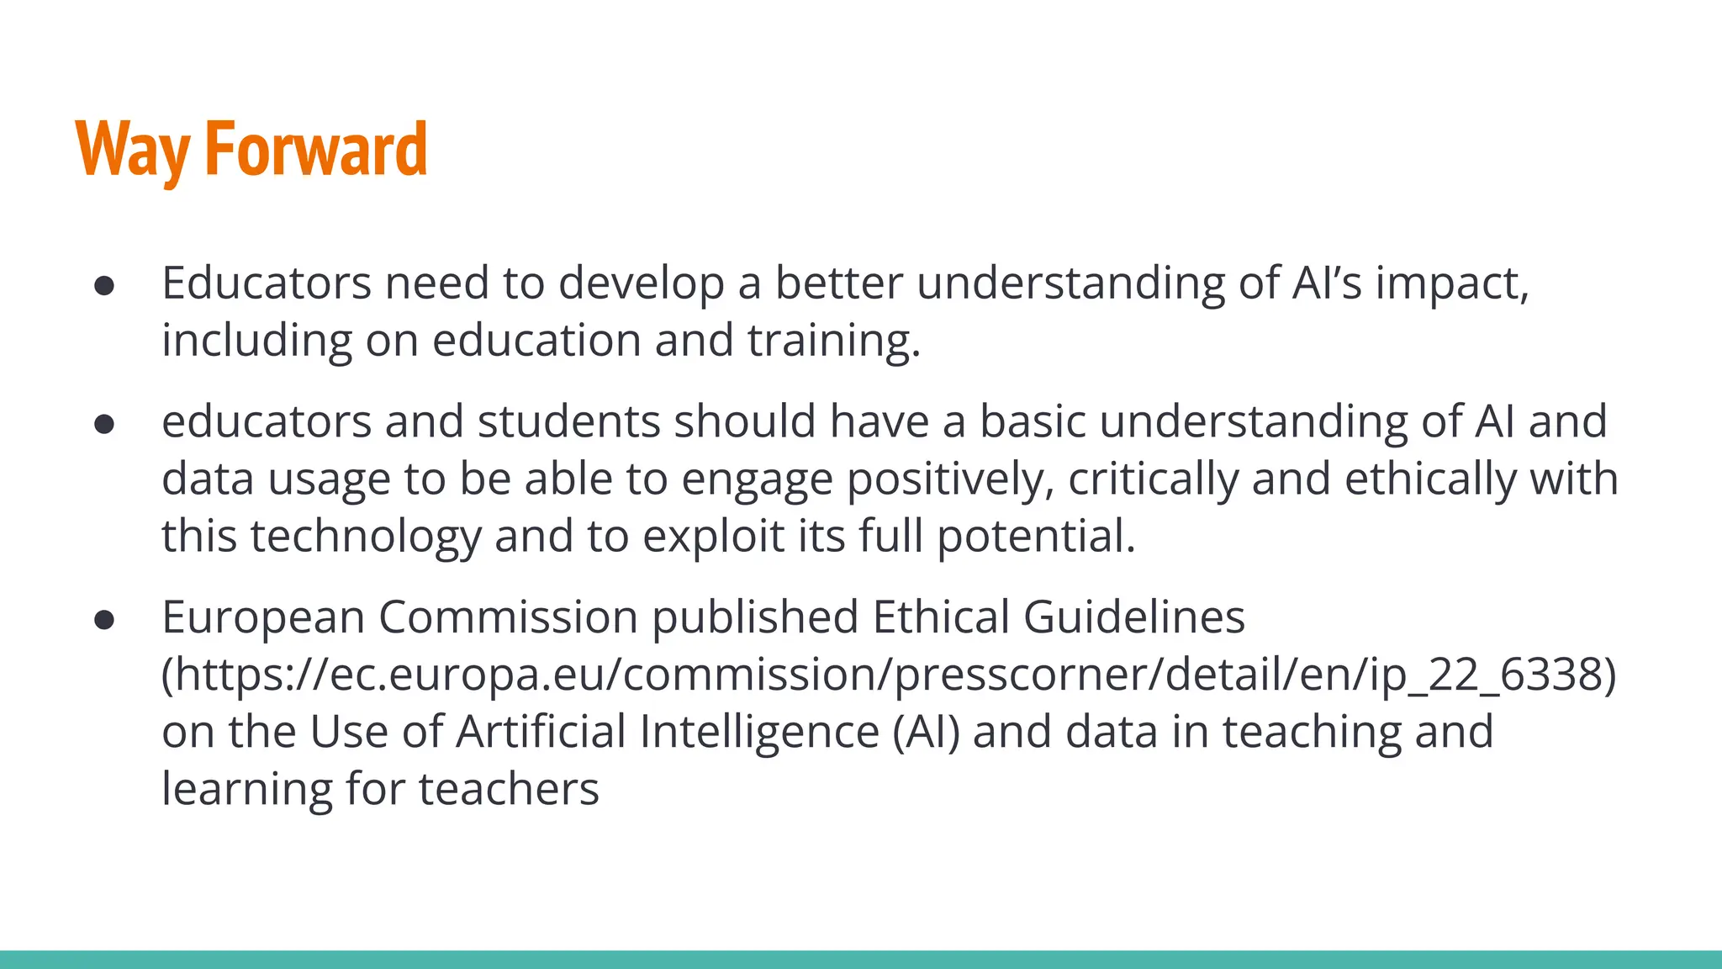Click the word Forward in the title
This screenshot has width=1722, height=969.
(316, 150)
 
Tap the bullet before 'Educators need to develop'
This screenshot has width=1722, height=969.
(104, 286)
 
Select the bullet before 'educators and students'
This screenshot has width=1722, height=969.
(104, 424)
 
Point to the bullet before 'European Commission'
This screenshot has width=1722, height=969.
(104, 620)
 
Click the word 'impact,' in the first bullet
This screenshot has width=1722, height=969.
(1452, 283)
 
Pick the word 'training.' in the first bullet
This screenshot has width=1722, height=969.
(834, 341)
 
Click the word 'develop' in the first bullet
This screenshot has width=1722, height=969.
(641, 283)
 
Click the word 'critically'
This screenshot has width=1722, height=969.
(1153, 479)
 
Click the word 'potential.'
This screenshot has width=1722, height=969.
(1036, 536)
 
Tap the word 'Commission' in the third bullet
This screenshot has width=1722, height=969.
(508, 617)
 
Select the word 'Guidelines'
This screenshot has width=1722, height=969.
(1133, 617)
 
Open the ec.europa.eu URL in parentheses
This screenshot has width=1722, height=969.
(889, 675)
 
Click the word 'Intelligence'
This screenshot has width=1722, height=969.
(759, 731)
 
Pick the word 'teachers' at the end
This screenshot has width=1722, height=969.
(509, 789)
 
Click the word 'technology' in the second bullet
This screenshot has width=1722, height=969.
(365, 536)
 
